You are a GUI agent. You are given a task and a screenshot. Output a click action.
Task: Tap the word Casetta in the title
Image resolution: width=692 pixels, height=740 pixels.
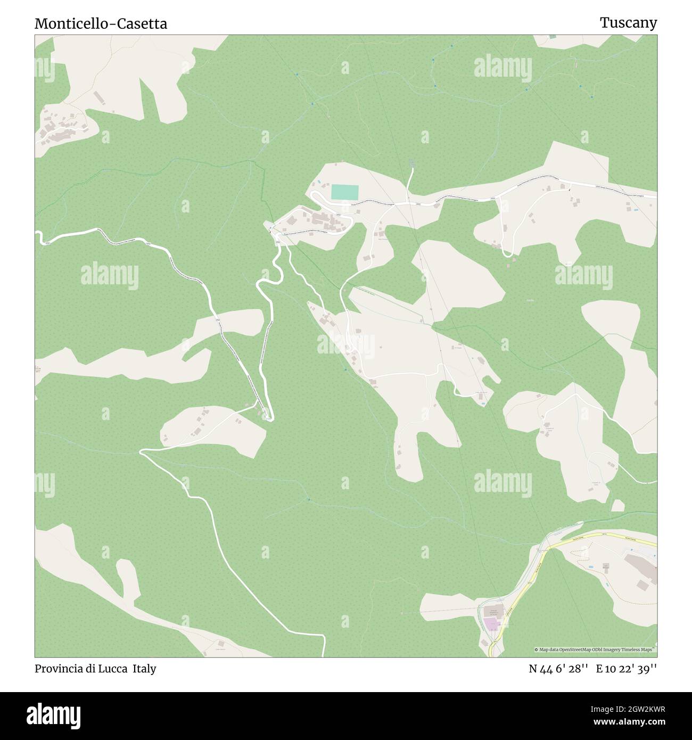point(141,23)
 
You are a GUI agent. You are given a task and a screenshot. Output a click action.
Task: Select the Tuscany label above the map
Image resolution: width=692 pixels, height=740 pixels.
point(628,22)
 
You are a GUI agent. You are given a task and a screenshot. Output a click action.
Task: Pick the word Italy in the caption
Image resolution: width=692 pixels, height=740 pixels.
point(144,669)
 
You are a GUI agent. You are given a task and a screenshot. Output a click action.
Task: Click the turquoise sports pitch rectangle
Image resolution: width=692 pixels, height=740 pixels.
point(344,192)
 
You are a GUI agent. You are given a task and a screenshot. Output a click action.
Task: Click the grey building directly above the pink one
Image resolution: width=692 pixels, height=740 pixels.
point(493,611)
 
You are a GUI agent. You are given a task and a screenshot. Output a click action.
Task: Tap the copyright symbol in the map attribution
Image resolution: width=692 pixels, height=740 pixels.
point(537,649)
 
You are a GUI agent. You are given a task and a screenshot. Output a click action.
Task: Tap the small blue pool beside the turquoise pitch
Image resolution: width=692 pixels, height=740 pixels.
point(319,183)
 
